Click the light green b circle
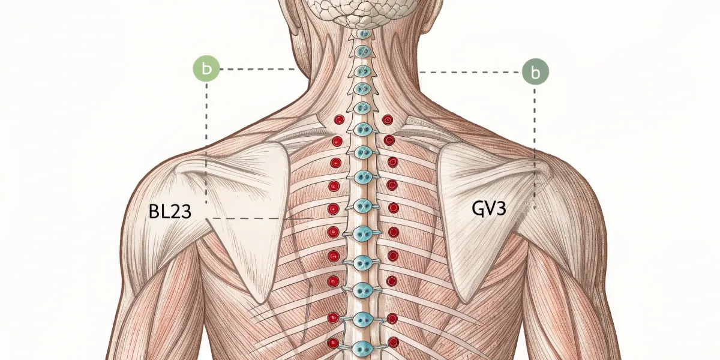point(206,68)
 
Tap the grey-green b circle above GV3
point(535,71)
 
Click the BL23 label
point(170,211)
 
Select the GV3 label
point(489,208)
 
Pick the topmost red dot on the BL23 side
point(339,120)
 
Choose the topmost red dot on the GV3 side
point(388,120)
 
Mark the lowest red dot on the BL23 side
point(333,343)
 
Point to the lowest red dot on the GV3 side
point(394,343)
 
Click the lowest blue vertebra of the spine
point(363,349)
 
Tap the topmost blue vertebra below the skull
point(364,34)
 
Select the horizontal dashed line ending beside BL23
point(260,218)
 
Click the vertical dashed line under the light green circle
point(206,143)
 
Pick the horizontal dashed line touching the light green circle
point(258,69)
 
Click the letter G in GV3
point(478,209)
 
